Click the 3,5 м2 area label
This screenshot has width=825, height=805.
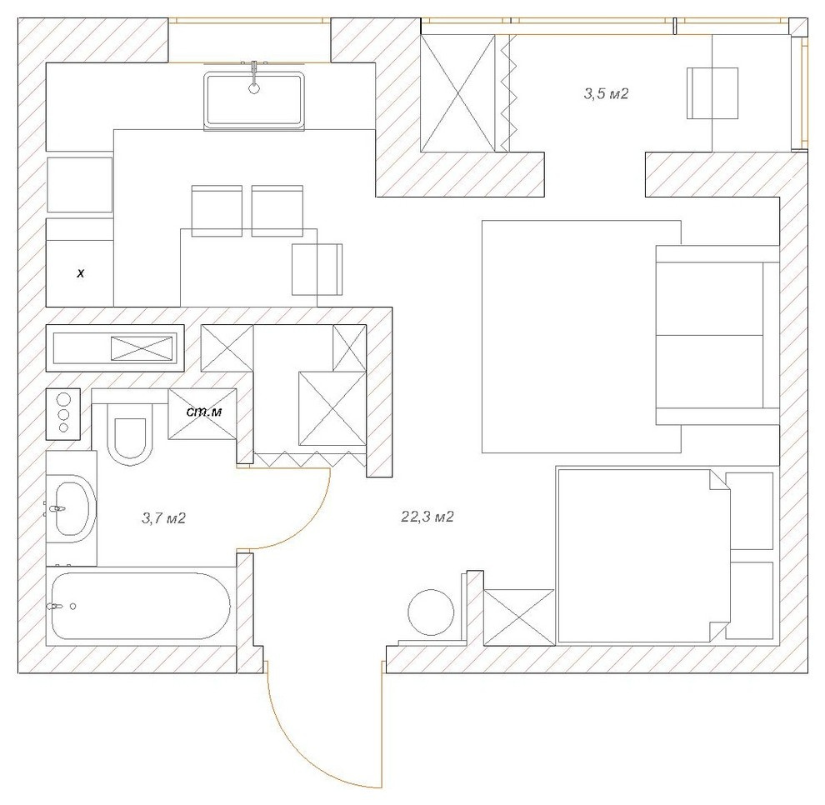[605, 94]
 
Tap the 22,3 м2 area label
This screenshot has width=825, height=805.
[427, 517]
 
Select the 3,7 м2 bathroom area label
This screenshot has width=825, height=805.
[163, 518]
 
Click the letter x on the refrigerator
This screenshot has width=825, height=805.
[81, 272]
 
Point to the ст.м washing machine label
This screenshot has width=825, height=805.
[203, 412]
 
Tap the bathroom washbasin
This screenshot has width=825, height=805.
[73, 507]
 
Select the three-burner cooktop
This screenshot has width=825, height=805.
[63, 412]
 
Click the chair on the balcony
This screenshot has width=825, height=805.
[712, 93]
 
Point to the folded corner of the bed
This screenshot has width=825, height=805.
[718, 481]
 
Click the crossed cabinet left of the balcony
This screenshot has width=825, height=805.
[460, 92]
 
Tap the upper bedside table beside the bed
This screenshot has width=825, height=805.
[752, 511]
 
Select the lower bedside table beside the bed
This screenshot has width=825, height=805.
[752, 600]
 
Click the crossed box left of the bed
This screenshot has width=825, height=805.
[518, 617]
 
